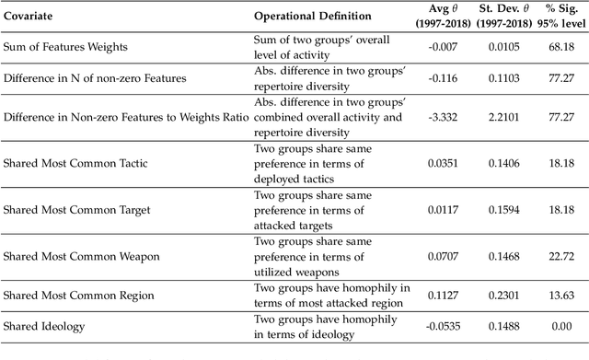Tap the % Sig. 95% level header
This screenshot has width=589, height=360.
click(x=560, y=16)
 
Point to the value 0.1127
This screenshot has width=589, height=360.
click(x=445, y=296)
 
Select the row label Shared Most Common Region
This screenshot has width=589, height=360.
click(x=70, y=296)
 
